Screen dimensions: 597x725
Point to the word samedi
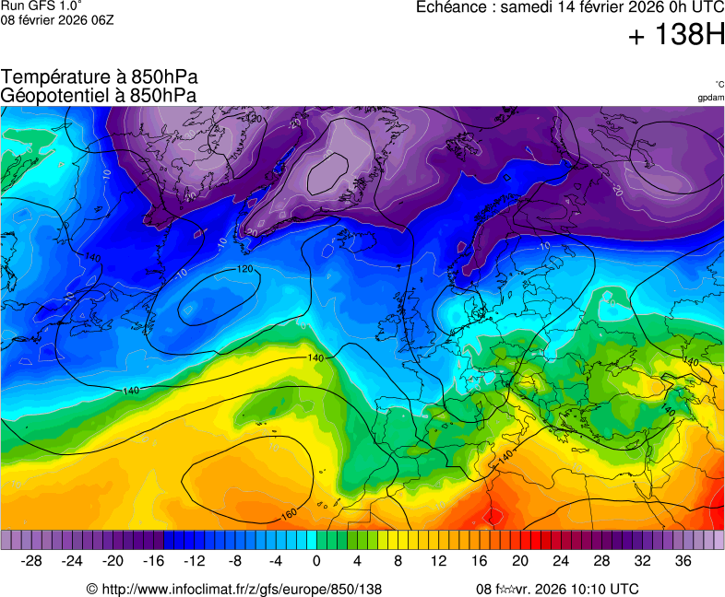point(525,7)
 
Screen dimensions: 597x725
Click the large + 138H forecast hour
point(675,36)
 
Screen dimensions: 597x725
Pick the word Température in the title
point(53,77)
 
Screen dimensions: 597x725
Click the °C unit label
point(719,85)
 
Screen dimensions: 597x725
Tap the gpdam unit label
point(710,98)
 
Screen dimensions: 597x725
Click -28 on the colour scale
point(32,561)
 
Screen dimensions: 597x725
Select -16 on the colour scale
point(154,561)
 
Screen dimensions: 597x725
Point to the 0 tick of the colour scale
point(317,561)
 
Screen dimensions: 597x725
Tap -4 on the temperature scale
point(276,561)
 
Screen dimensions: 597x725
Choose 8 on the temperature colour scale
point(398,561)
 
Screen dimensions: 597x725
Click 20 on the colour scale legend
point(520,561)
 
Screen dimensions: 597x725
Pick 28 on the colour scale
point(601,561)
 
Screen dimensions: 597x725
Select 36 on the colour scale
point(683,561)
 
